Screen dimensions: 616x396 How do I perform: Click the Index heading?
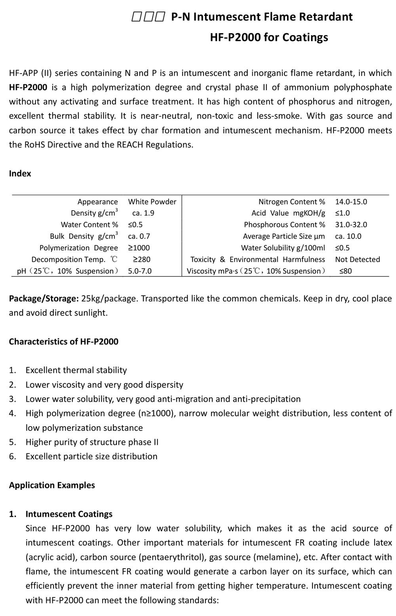tap(20, 174)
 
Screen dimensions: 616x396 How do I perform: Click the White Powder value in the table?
tap(152, 202)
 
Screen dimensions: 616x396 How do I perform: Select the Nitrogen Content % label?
tap(291, 202)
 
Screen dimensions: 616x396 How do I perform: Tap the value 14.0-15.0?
tap(351, 202)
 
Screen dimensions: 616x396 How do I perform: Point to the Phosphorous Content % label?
tap(284, 225)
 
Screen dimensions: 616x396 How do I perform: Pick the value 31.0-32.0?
tap(351, 225)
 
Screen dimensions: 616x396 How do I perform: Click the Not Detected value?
tap(357, 259)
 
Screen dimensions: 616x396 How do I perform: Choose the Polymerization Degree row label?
tap(78, 248)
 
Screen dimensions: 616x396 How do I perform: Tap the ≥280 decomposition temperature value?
tap(141, 259)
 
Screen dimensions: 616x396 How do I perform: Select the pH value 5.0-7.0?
tap(140, 271)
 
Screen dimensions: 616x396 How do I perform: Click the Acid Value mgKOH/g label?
tap(288, 213)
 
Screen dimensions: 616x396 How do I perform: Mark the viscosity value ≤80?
tap(345, 271)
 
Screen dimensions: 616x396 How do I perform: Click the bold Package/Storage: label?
tap(44, 299)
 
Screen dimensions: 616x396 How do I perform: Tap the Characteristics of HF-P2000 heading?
tap(63, 342)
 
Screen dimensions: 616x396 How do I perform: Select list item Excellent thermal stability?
tap(76, 370)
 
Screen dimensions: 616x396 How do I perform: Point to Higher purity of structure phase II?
tap(92, 442)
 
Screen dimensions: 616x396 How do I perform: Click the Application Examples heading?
tap(52, 485)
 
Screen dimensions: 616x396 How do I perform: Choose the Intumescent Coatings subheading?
tap(69, 514)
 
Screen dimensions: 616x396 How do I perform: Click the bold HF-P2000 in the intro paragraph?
tap(28, 87)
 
